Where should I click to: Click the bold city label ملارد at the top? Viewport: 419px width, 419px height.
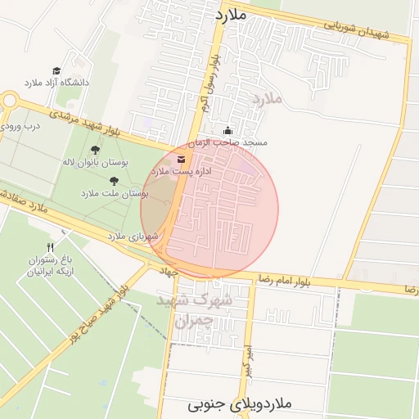[230, 16]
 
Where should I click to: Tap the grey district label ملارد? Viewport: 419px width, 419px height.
[267, 99]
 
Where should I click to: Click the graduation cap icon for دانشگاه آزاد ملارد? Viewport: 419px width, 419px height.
[56, 71]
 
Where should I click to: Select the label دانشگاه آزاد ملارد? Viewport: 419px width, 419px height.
[56, 83]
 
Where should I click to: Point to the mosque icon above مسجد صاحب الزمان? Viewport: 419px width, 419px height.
[228, 131]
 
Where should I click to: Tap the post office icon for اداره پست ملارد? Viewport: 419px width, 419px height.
[181, 159]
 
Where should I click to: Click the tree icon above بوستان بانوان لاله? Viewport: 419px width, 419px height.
[96, 150]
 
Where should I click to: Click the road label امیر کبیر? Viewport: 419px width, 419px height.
[246, 357]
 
